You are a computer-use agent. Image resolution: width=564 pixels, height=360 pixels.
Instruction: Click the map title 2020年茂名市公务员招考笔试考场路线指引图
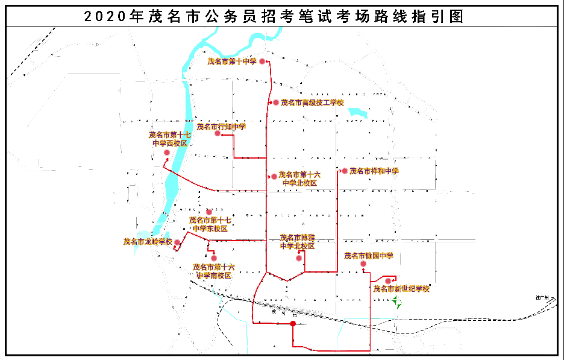(x=274, y=16)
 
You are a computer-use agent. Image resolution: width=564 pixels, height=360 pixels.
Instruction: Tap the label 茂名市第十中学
(x=232, y=61)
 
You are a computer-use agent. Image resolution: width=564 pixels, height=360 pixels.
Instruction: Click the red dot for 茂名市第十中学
(x=262, y=61)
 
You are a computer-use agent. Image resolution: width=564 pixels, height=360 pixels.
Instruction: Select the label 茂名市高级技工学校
(x=312, y=103)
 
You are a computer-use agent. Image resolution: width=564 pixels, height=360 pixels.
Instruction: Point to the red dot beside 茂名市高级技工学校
(x=275, y=103)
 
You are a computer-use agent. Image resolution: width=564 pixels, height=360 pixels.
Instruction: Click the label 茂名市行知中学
(x=221, y=127)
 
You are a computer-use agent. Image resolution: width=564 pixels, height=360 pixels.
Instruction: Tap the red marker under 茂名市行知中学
(x=218, y=133)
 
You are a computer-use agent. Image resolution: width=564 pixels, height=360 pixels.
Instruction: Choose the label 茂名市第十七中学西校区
(x=170, y=139)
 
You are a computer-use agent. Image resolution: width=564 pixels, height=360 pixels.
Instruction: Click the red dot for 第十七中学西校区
(x=166, y=153)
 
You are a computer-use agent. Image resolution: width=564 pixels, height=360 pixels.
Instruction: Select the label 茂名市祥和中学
(x=374, y=171)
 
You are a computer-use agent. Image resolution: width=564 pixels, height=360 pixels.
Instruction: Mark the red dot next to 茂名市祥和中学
(x=345, y=171)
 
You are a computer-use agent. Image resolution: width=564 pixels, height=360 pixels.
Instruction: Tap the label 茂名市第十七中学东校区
(x=209, y=224)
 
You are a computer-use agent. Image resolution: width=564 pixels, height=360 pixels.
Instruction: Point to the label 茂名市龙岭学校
(x=148, y=241)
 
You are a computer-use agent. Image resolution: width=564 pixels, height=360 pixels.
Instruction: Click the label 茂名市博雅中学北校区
(x=297, y=242)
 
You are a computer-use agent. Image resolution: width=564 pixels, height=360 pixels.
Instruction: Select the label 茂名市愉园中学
(x=368, y=256)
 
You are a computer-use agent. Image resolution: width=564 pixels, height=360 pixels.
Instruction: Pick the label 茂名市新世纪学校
(x=401, y=289)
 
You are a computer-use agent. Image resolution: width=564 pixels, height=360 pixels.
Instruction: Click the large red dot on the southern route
(x=293, y=324)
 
